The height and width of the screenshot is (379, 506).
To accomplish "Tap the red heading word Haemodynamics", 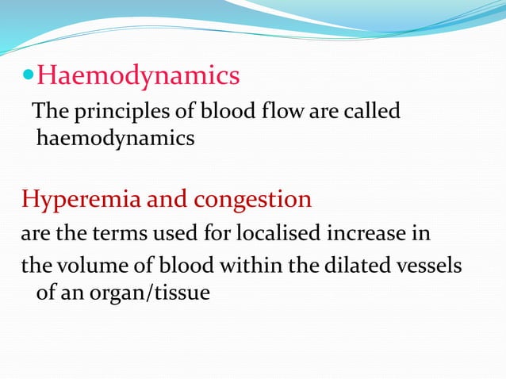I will (138, 76).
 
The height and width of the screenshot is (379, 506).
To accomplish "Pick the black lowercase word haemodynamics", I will (116, 139).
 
